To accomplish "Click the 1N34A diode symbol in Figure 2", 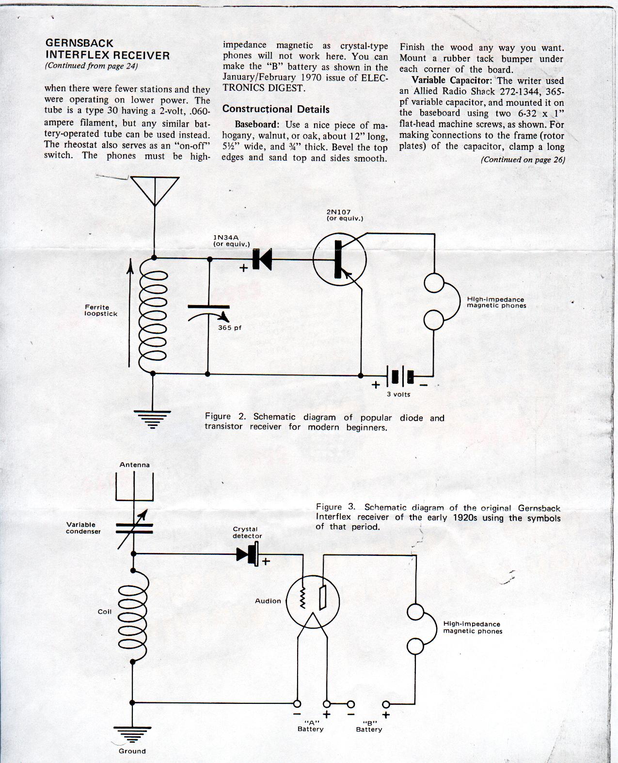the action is pyautogui.click(x=262, y=259).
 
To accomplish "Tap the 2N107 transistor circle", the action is pyautogui.click(x=313, y=259).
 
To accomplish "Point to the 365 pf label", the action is pyautogui.click(x=230, y=327).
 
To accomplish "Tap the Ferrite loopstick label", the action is pyautogui.click(x=101, y=310).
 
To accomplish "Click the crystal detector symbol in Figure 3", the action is pyautogui.click(x=248, y=554).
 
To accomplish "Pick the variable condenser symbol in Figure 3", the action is pyautogui.click(x=135, y=529).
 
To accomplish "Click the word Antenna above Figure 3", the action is pyautogui.click(x=135, y=465).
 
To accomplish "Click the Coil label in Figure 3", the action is pyautogui.click(x=105, y=612).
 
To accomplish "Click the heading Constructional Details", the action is pyautogui.click(x=276, y=109).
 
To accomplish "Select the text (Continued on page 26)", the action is pyautogui.click(x=523, y=160).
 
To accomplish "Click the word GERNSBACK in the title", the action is pyautogui.click(x=79, y=43).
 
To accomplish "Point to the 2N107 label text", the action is pyautogui.click(x=338, y=212).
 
